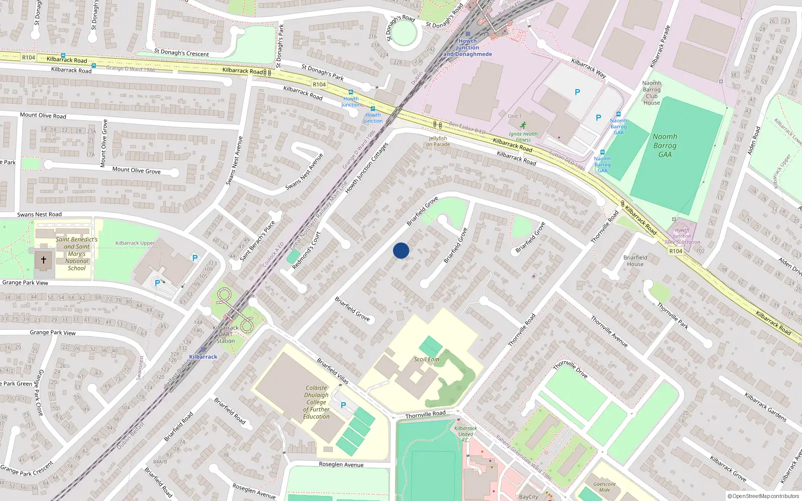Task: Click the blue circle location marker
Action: (x=401, y=250)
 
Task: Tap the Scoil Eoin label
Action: (x=427, y=359)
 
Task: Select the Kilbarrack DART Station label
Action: (x=226, y=334)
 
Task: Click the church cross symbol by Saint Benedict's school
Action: (x=44, y=260)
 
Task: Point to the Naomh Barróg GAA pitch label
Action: (x=665, y=145)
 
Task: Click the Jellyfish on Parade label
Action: (x=438, y=141)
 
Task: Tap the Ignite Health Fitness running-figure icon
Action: (x=523, y=125)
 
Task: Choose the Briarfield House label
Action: (x=635, y=261)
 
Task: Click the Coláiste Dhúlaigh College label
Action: (x=316, y=402)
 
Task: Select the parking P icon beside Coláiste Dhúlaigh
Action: (x=343, y=405)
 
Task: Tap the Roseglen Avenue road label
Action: (x=341, y=464)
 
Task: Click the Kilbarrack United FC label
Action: (x=466, y=431)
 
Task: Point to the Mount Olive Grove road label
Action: (x=136, y=170)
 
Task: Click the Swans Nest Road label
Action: (x=40, y=214)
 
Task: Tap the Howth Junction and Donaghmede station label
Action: (x=468, y=48)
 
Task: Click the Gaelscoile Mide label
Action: (x=605, y=487)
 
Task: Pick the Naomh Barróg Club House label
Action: (x=652, y=93)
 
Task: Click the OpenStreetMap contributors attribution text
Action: (x=763, y=496)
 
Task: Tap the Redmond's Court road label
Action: (x=306, y=250)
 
